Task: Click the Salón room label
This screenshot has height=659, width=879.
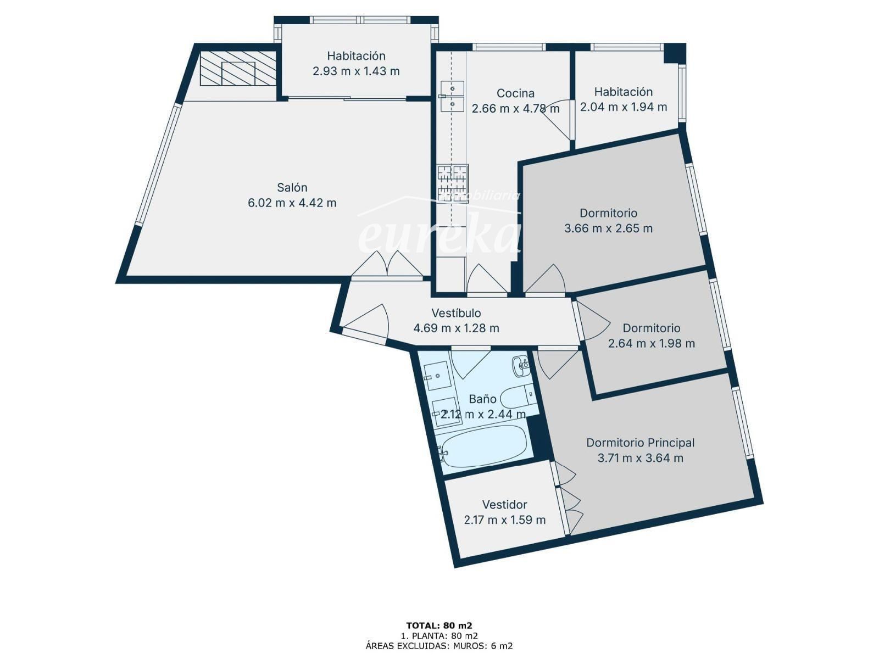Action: (292, 187)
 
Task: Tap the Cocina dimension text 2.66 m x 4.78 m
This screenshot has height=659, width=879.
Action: (515, 108)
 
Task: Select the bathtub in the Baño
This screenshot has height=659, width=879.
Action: (483, 446)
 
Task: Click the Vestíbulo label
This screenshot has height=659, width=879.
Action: (456, 313)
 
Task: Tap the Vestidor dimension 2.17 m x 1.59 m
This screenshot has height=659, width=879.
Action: (504, 520)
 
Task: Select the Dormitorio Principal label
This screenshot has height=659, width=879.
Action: (641, 443)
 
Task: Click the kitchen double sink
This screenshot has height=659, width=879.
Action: (452, 97)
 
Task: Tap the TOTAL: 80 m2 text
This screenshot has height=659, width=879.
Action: (439, 626)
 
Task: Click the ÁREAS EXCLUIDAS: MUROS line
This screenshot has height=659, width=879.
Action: (439, 645)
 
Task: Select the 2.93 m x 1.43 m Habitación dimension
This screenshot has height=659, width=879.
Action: (356, 71)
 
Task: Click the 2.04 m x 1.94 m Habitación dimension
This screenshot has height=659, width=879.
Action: (624, 107)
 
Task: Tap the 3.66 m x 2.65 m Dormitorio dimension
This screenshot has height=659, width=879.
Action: (608, 228)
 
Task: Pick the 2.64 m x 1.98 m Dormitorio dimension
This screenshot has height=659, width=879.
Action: (652, 343)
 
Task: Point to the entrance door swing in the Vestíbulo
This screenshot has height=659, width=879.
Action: (367, 321)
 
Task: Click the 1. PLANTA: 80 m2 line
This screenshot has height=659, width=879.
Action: (439, 636)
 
